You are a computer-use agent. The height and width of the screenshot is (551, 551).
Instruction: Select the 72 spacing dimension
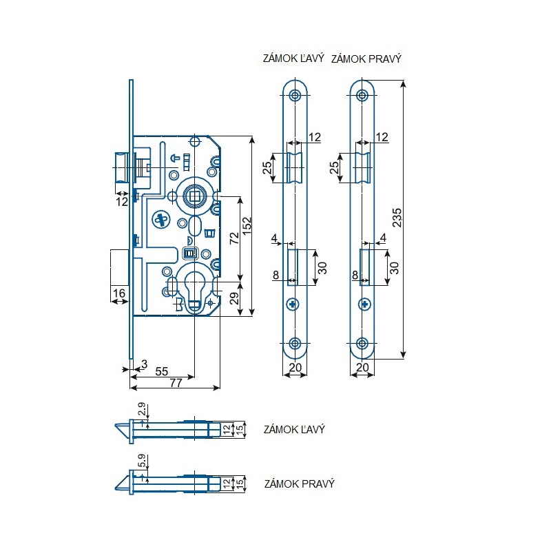233,239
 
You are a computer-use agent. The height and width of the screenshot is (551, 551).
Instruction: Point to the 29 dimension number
233,299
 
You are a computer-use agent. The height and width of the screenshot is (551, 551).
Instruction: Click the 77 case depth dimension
176,383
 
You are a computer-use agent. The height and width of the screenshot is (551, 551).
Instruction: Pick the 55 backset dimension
161,371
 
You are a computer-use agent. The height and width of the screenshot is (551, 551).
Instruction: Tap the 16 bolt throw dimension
118,293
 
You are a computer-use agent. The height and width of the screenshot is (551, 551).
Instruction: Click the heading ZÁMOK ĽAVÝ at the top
293,59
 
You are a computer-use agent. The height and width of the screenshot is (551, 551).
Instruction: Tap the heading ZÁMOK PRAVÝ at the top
366,59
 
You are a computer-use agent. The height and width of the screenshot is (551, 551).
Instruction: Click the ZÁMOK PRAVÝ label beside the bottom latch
299,484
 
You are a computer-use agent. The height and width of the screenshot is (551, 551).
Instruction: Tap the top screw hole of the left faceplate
295,95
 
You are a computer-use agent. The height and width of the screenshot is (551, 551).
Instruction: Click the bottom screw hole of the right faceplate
362,344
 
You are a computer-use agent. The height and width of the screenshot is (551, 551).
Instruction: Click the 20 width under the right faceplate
362,368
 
